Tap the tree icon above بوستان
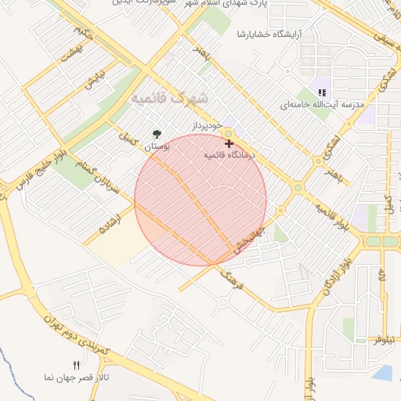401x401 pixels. (157, 133)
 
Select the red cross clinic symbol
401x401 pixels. (228, 143)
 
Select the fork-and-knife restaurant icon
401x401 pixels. (76, 365)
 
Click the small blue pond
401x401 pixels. (385, 373)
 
